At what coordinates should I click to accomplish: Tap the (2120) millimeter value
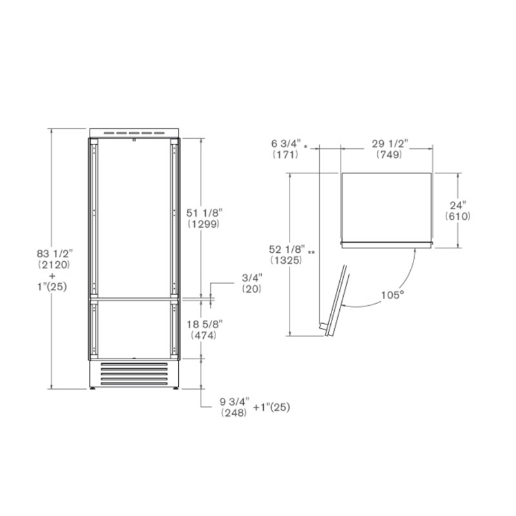point(54,264)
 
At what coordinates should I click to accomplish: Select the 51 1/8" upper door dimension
point(204,213)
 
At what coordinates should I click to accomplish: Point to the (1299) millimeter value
point(204,224)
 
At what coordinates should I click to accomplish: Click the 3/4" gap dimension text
point(252,278)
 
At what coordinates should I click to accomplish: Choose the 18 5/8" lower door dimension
point(204,324)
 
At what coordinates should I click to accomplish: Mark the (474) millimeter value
point(204,335)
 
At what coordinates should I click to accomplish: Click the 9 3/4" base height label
point(234,401)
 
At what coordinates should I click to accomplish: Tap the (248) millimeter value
point(234,413)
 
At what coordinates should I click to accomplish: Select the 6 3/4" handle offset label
point(286,143)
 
